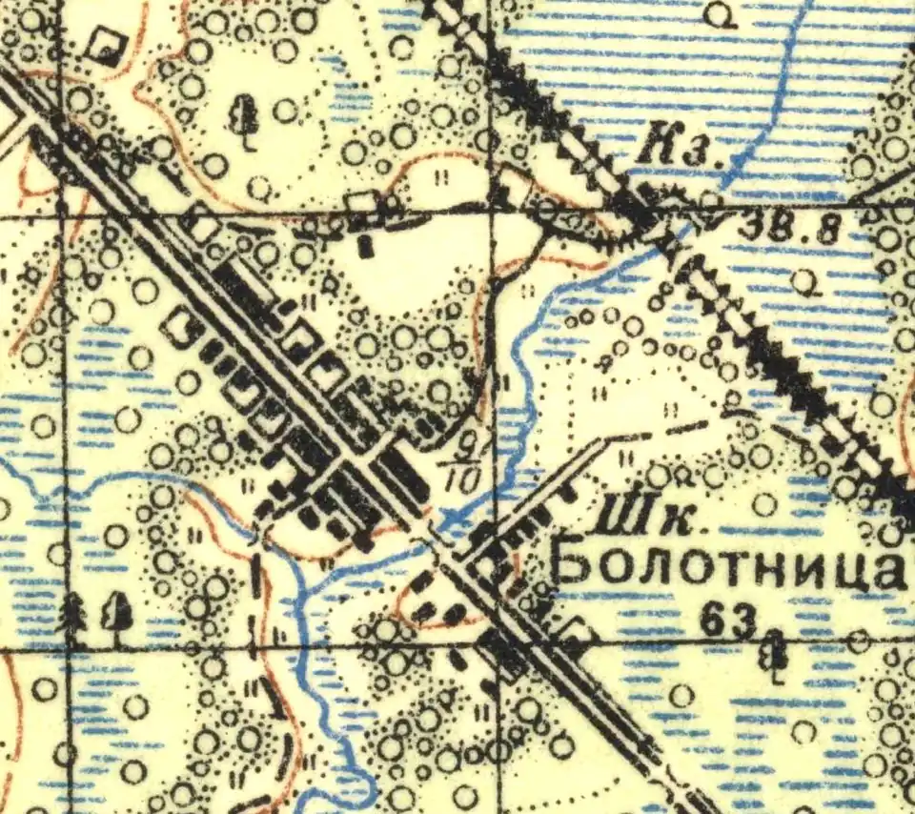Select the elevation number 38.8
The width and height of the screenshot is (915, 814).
point(778,229)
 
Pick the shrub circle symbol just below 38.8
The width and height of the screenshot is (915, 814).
point(806,280)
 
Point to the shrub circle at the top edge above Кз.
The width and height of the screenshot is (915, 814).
point(726,12)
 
